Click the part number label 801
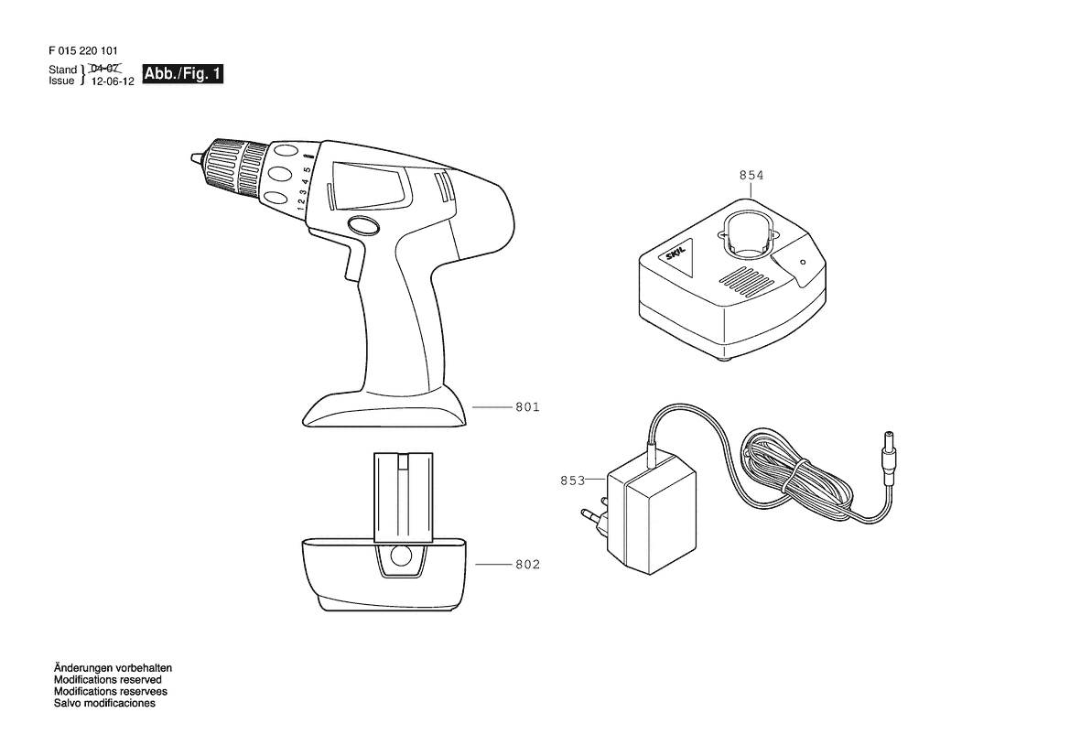[527, 407]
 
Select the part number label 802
[527, 565]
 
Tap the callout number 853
[573, 481]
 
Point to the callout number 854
[751, 176]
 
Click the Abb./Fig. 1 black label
[183, 74]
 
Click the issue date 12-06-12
[113, 81]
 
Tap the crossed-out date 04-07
[105, 69]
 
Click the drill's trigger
[353, 263]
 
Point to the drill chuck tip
[195, 159]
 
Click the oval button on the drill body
[362, 226]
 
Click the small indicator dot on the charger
[803, 262]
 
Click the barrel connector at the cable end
[889, 450]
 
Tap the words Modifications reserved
[108, 680]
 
